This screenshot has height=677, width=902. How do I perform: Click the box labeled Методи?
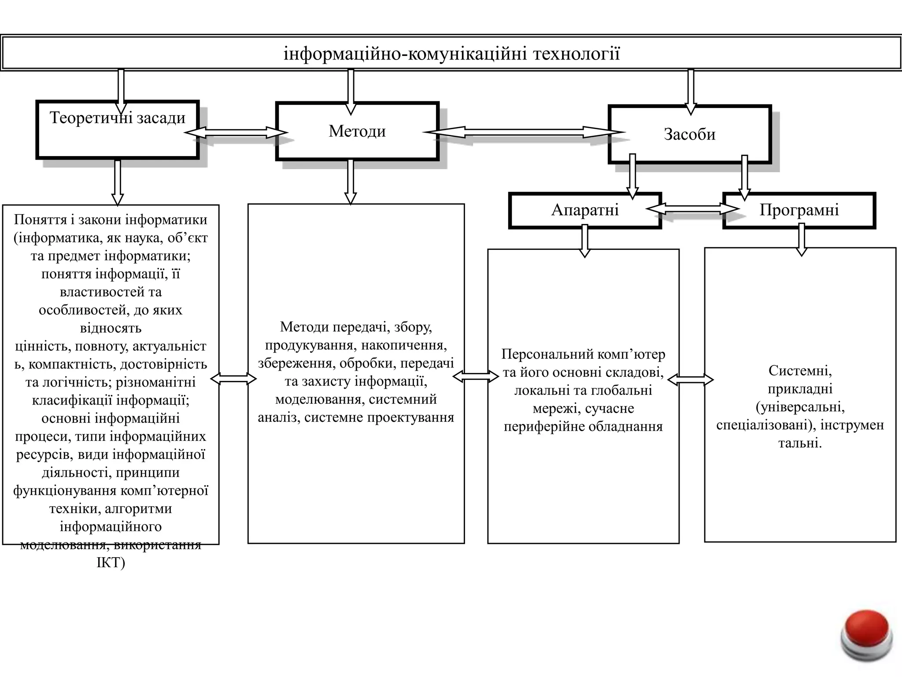click(357, 131)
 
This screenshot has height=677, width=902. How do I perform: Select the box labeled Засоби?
click(689, 134)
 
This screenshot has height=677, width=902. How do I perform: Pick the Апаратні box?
click(585, 210)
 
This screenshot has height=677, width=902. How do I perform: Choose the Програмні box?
click(799, 210)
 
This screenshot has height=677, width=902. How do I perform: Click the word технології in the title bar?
click(576, 54)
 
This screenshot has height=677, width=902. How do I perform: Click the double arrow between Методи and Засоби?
click(524, 132)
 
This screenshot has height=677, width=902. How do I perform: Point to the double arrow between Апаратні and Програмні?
click(692, 208)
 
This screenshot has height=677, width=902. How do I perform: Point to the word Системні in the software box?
click(800, 371)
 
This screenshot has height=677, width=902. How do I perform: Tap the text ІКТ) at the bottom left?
click(111, 563)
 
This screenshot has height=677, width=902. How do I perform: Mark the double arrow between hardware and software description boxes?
click(691, 379)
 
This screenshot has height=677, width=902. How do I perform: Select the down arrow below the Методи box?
click(350, 182)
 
